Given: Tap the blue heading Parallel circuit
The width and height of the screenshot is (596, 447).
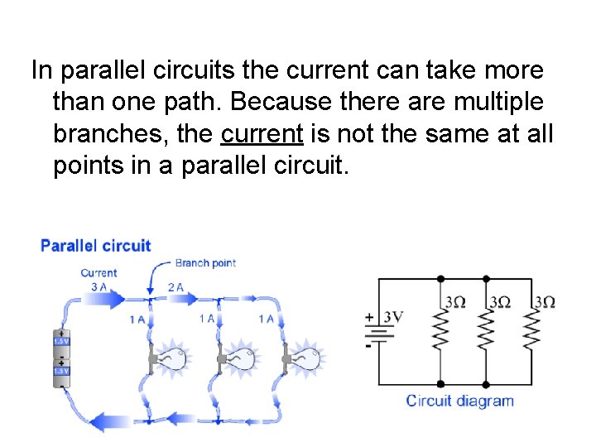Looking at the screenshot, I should pos(96,246).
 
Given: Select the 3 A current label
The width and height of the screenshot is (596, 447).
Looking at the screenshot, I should pos(99,286).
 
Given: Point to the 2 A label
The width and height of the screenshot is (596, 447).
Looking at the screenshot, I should pos(175,287).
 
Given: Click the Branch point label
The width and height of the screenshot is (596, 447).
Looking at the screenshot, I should pos(205,263).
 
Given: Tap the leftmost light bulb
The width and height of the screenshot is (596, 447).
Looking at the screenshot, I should pos(175,358).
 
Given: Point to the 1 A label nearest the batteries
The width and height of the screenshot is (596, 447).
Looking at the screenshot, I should pos(137,319).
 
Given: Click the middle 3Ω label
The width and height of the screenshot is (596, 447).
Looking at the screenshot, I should pos(500,302).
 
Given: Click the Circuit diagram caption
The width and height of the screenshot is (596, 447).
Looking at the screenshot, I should pos(459,401).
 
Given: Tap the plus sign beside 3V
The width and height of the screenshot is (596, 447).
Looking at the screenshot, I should pos(369,316).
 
